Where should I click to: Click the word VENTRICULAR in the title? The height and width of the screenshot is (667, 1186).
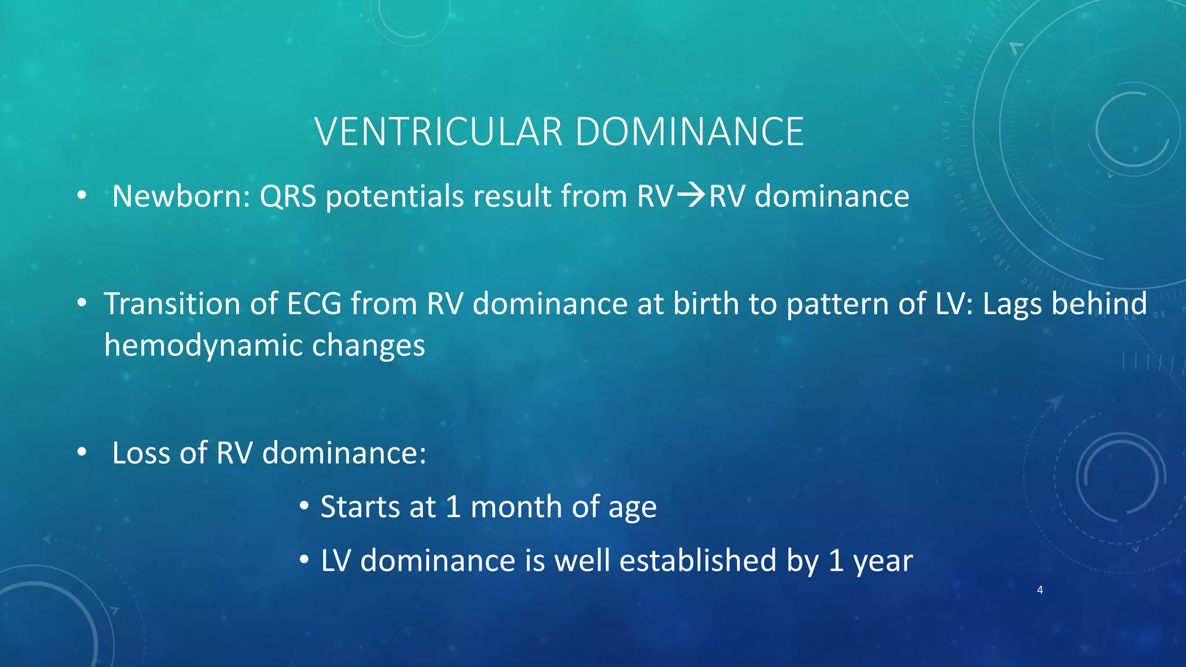point(438,131)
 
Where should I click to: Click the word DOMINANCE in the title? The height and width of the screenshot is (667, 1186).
point(689,131)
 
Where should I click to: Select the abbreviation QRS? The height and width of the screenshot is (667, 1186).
point(288,196)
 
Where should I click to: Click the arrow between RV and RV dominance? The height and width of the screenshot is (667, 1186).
point(691,195)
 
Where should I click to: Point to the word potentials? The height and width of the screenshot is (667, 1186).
point(394,197)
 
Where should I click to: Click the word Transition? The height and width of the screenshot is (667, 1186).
point(171,303)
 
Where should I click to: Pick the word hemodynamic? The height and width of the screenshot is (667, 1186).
point(203,346)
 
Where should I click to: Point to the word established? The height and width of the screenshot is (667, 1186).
point(697,560)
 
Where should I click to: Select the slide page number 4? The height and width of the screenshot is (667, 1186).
point(1040,590)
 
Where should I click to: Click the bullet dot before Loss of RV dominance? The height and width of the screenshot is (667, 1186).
point(82,453)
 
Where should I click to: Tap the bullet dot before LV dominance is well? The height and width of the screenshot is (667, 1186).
point(304,560)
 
